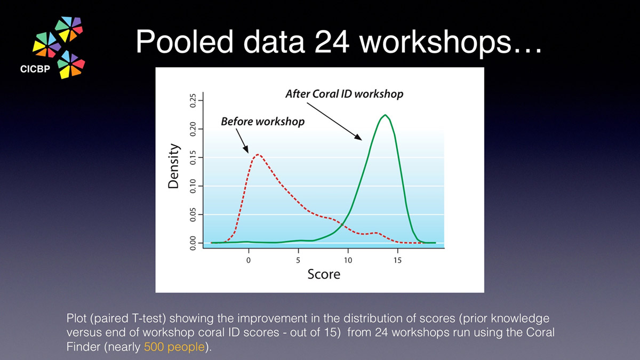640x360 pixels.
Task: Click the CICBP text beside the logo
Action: [x=35, y=69]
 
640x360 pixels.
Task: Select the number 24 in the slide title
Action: [x=332, y=42]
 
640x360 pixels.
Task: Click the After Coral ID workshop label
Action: [x=345, y=94]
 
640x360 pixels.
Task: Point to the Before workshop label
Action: [x=262, y=122]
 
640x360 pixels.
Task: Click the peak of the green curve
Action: [x=385, y=115]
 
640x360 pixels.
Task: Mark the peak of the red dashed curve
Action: [x=258, y=155]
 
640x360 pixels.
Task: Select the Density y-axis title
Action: [x=173, y=166]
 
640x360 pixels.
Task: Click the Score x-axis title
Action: [x=324, y=274]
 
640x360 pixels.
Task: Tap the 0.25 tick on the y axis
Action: [x=193, y=101]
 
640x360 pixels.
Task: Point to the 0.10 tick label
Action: [x=193, y=186]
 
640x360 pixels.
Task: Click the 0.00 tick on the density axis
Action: [x=193, y=243]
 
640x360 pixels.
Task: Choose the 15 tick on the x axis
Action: [x=397, y=260]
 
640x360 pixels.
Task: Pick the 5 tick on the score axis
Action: [x=298, y=260]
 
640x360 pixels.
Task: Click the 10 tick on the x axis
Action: [x=348, y=260]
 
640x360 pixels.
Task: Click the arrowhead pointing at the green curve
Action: [x=358, y=137]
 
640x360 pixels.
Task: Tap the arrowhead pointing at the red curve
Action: [x=246, y=149]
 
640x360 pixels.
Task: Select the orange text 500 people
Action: [x=174, y=347]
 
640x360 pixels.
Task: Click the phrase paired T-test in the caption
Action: [x=127, y=318]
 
